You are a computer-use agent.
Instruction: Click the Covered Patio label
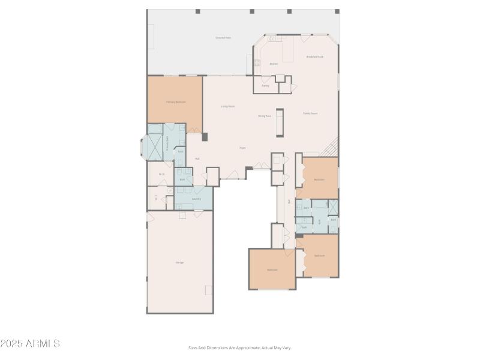click(223, 38)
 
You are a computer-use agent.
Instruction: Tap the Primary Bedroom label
click(176, 102)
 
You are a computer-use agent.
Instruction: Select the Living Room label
click(227, 106)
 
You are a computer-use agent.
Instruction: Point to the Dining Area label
click(265, 116)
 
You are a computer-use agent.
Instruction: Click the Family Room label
click(310, 113)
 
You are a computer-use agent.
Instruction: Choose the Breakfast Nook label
click(315, 57)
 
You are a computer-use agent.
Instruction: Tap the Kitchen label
click(274, 64)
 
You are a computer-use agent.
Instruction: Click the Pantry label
click(265, 86)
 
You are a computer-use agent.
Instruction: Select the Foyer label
click(243, 148)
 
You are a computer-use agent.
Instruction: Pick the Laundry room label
click(196, 199)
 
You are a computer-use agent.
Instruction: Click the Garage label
click(179, 263)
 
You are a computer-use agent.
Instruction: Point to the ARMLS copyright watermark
click(30, 344)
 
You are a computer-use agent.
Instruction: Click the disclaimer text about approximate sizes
click(240, 347)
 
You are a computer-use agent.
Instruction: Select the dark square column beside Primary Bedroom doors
click(205, 137)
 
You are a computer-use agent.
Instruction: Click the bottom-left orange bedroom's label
click(272, 270)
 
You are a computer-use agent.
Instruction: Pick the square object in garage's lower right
click(208, 290)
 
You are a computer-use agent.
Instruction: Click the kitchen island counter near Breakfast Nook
click(288, 50)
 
